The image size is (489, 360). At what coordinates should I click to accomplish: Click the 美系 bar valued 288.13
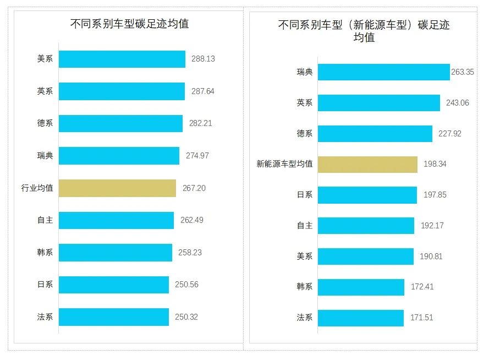pos(122,59)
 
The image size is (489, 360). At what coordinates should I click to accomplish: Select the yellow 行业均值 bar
pos(117,188)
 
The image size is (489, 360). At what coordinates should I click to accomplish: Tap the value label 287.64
pos(203,91)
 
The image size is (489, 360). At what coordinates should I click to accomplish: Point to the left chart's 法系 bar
pos(113,317)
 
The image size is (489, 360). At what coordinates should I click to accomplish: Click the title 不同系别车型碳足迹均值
pos(130,24)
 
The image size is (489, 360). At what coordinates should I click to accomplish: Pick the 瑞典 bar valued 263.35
pos(383,72)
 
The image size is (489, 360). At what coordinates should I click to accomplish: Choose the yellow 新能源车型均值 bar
pos(367,164)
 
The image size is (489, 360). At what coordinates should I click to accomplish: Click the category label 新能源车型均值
pos(284,164)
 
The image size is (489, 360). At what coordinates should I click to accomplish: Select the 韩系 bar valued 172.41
pos(361,287)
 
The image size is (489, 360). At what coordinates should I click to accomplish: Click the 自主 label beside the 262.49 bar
pos(45,220)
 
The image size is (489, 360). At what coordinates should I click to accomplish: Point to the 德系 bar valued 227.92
pos(375,134)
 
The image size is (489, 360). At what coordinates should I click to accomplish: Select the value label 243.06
pos(457,103)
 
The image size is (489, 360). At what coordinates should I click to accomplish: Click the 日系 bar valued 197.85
pos(367,195)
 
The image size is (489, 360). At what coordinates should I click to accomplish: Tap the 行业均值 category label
pos(37,188)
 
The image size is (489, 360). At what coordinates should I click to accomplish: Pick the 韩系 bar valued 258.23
pos(115,253)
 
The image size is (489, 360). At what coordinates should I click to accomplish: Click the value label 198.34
pos(436,164)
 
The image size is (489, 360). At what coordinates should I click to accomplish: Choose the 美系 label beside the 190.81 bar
pos(304,257)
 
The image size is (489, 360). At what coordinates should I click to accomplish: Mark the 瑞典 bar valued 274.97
pos(119,156)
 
